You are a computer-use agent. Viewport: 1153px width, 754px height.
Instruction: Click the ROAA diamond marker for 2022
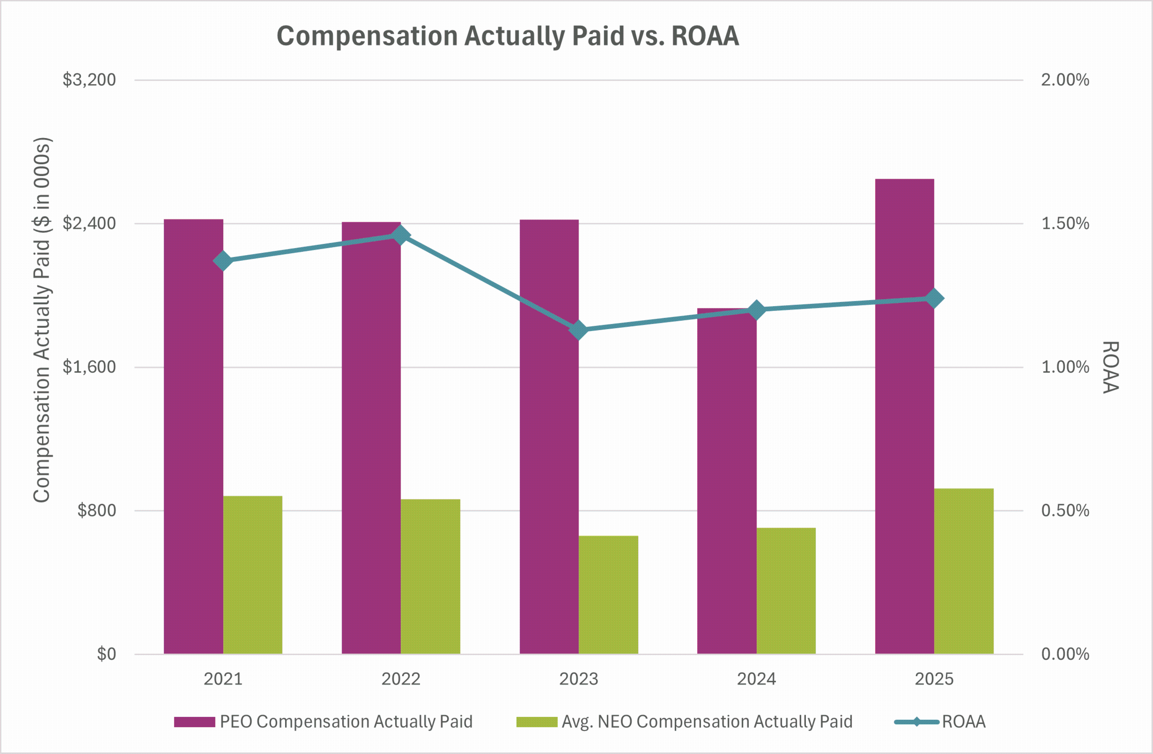click(401, 235)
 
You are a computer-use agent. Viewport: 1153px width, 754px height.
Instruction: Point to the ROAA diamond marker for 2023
click(579, 331)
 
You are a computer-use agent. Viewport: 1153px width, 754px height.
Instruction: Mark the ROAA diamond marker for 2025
click(934, 298)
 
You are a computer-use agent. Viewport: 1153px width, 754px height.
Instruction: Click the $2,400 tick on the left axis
click(89, 223)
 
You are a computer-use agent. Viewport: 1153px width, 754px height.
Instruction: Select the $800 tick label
click(96, 510)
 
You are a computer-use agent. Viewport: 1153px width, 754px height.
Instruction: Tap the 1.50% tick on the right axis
click(1065, 223)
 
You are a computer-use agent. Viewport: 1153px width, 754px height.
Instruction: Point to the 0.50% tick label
click(1065, 510)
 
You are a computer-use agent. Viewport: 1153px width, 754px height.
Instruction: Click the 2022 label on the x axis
click(401, 679)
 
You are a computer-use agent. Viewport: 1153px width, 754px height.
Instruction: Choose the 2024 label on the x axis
click(756, 679)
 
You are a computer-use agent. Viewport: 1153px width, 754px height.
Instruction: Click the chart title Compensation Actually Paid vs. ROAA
click(508, 36)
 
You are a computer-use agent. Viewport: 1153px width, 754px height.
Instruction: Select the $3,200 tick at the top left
click(89, 80)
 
